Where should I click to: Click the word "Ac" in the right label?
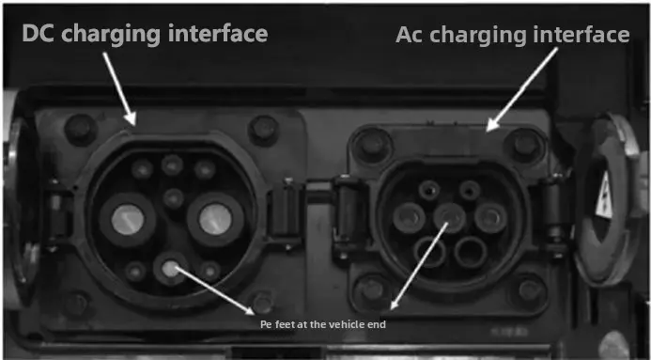point(413,35)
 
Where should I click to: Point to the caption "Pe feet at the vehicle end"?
point(322,324)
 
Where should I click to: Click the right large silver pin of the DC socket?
point(215,218)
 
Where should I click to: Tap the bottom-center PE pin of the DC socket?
point(170,269)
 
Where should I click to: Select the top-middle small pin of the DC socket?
point(172,165)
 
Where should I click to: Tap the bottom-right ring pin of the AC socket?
point(471,251)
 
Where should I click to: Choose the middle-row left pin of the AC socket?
point(411,219)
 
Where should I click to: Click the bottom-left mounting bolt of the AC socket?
point(373,289)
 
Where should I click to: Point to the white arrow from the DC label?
point(116,88)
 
